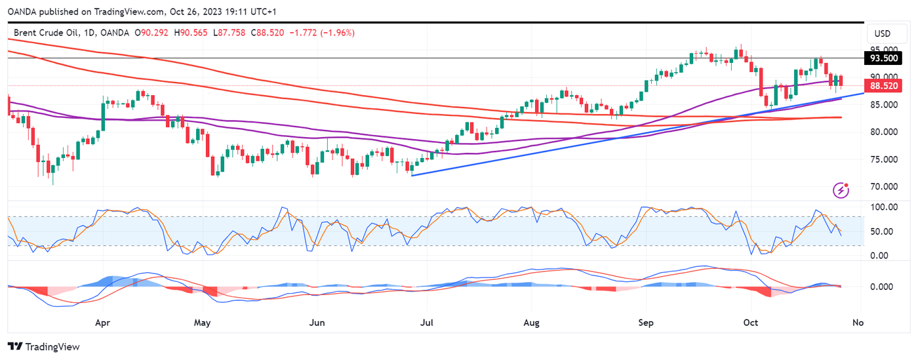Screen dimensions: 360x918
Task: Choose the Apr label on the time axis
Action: click(x=102, y=323)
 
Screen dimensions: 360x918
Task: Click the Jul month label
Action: click(x=427, y=323)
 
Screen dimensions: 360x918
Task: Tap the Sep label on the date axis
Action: click(x=646, y=323)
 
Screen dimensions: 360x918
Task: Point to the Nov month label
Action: click(x=858, y=323)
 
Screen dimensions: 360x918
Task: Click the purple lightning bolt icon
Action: click(x=841, y=190)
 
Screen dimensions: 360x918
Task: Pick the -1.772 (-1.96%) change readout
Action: click(x=321, y=33)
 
